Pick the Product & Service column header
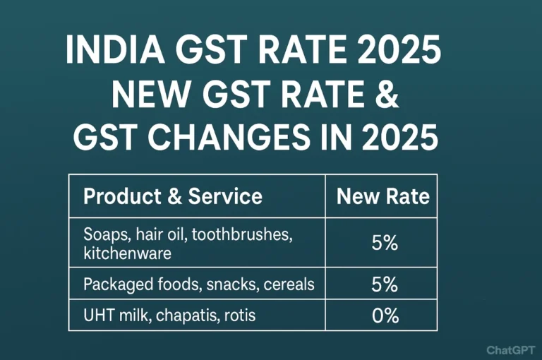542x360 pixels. click(x=172, y=196)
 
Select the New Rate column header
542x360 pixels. click(x=383, y=196)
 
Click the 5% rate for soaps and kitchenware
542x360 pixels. click(x=385, y=244)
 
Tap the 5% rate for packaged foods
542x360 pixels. click(x=385, y=285)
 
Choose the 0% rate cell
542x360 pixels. click(x=385, y=316)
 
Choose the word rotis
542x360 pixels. click(x=236, y=316)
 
